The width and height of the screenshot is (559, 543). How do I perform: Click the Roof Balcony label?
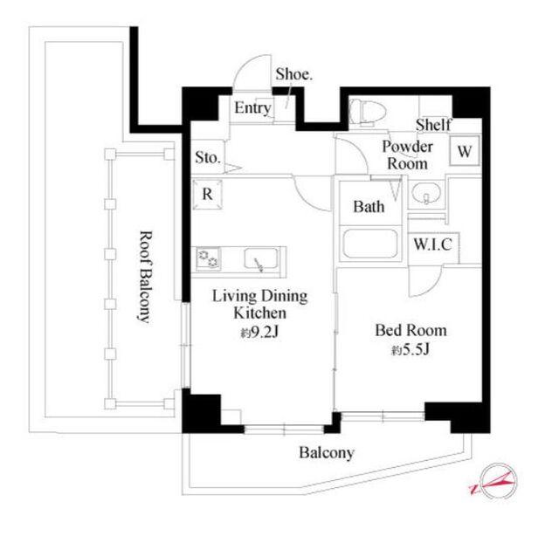tap(146, 278)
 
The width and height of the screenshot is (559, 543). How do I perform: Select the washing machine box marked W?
tap(465, 151)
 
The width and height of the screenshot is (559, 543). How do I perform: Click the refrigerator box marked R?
tap(208, 195)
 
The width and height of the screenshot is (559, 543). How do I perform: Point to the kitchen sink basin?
tap(261, 258)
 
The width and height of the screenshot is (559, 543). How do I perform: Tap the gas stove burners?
tap(208, 258)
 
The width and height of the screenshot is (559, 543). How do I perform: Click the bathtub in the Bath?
tap(370, 244)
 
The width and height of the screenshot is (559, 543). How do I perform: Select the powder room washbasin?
tap(426, 194)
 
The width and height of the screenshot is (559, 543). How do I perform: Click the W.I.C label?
tap(433, 244)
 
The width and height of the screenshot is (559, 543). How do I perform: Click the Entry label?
tap(252, 107)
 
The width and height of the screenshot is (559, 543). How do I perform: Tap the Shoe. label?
tap(294, 74)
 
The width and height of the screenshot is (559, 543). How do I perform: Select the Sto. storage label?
tap(208, 157)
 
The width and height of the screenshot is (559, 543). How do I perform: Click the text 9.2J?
tap(265, 332)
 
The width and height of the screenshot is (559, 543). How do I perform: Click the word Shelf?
tap(433, 125)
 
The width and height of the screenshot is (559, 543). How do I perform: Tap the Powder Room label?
tap(408, 155)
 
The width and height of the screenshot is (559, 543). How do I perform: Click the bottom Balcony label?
tap(327, 453)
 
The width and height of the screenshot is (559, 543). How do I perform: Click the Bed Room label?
tap(411, 330)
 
